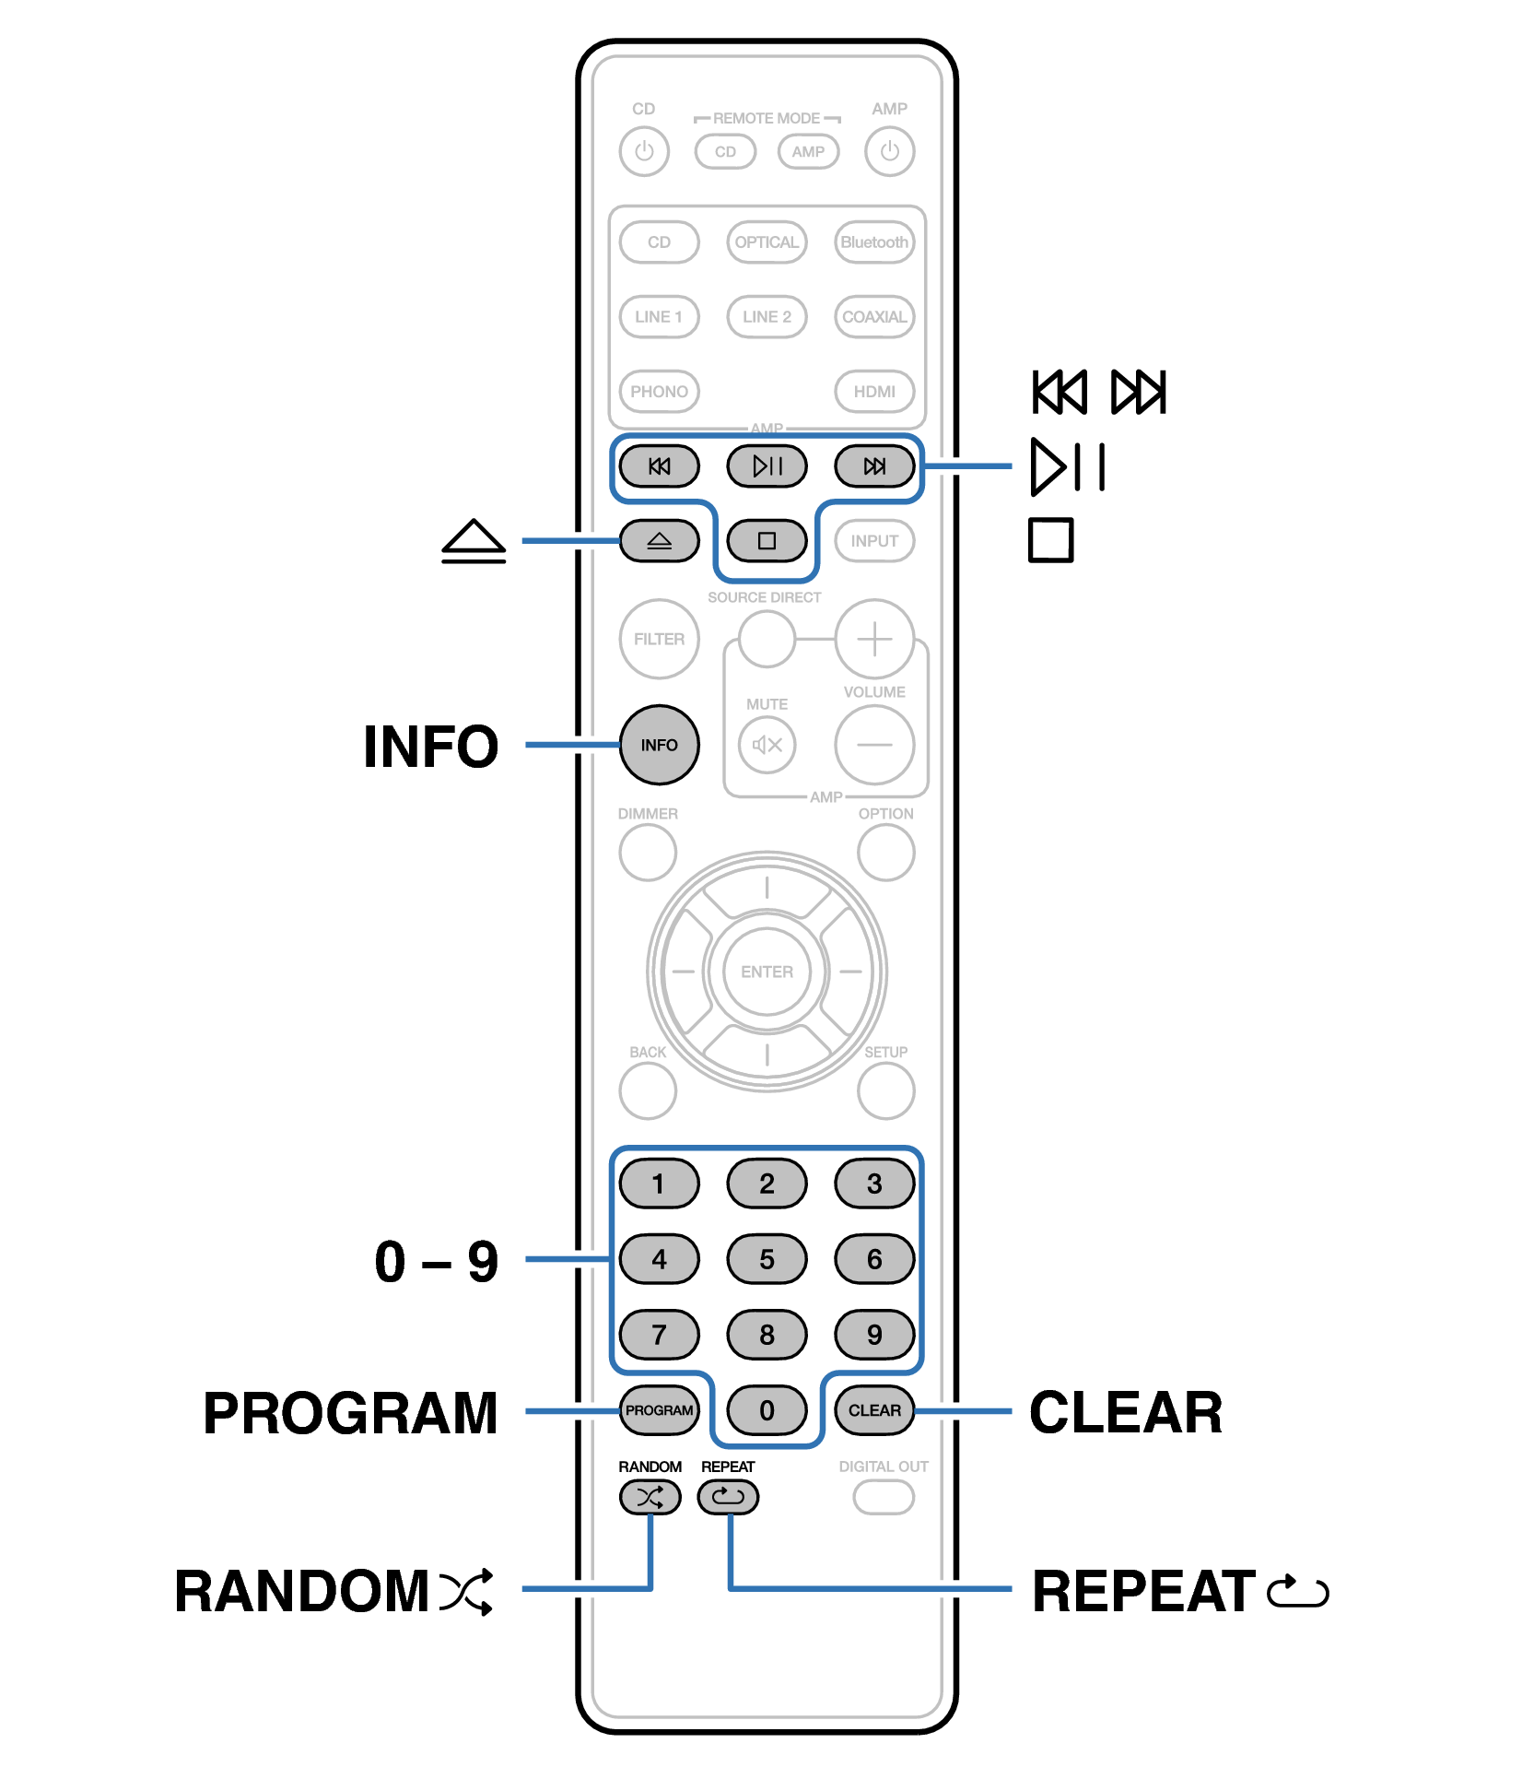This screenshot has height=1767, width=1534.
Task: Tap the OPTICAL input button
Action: tap(767, 242)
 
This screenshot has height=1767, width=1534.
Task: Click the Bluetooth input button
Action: tap(874, 242)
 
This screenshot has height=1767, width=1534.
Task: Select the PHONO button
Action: tap(659, 392)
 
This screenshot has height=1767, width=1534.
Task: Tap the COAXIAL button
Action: tap(874, 317)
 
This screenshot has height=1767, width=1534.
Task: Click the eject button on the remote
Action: tap(659, 541)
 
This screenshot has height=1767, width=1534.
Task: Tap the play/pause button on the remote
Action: tap(767, 466)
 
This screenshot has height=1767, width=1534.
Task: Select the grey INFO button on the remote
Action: tap(659, 745)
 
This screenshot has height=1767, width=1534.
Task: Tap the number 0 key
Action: tap(767, 1410)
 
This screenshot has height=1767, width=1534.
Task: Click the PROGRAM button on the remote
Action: tap(659, 1410)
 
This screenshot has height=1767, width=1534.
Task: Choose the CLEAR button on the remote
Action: tap(874, 1410)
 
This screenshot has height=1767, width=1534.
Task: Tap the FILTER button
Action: tap(659, 639)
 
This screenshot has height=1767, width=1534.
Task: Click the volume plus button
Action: tap(874, 639)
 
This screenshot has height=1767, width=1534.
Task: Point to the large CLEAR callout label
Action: tap(1126, 1412)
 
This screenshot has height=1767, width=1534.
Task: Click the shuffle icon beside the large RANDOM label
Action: tap(467, 1592)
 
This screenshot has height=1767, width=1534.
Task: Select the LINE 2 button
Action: tap(767, 317)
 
